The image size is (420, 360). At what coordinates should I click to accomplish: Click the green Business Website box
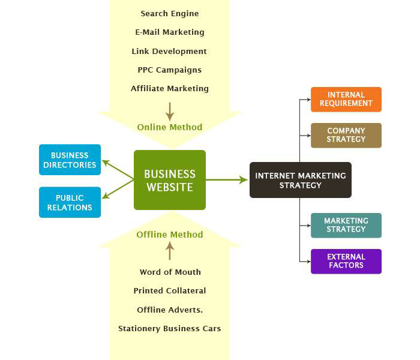click(170, 180)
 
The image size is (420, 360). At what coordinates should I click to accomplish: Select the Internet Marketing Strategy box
click(300, 180)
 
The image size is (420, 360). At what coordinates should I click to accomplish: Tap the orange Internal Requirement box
click(346, 100)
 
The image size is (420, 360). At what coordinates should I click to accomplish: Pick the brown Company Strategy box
click(346, 136)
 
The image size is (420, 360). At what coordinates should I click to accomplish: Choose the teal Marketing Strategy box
click(346, 225)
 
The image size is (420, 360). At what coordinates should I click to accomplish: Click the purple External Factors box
click(346, 262)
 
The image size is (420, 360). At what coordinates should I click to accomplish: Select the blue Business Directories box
click(70, 160)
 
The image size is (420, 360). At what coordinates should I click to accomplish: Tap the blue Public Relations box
click(70, 203)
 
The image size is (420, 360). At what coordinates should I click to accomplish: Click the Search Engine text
click(170, 13)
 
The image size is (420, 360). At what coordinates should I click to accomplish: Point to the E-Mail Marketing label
click(170, 32)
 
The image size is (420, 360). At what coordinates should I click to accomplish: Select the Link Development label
click(170, 51)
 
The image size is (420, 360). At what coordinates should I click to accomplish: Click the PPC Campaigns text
click(170, 70)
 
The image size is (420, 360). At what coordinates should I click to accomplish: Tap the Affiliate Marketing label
click(170, 88)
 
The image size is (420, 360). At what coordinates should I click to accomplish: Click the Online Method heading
click(170, 127)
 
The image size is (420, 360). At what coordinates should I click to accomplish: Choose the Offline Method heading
click(170, 235)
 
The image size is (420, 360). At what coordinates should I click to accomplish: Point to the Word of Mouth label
click(170, 272)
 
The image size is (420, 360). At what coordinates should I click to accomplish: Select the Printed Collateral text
click(170, 290)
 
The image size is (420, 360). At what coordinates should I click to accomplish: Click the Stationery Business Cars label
click(170, 328)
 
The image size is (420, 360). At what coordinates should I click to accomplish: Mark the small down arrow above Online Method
click(170, 111)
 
